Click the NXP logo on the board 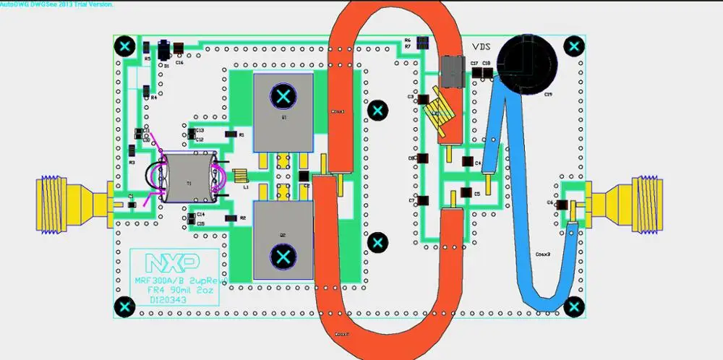(x=172, y=262)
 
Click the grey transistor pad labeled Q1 (x=283, y=111)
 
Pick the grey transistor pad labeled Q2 (x=283, y=239)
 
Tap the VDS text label (x=483, y=46)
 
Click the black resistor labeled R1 (x=230, y=135)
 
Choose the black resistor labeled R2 (x=230, y=218)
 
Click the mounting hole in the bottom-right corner (x=575, y=307)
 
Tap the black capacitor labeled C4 (x=467, y=164)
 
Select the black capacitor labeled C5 (x=467, y=194)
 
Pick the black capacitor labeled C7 (x=424, y=200)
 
